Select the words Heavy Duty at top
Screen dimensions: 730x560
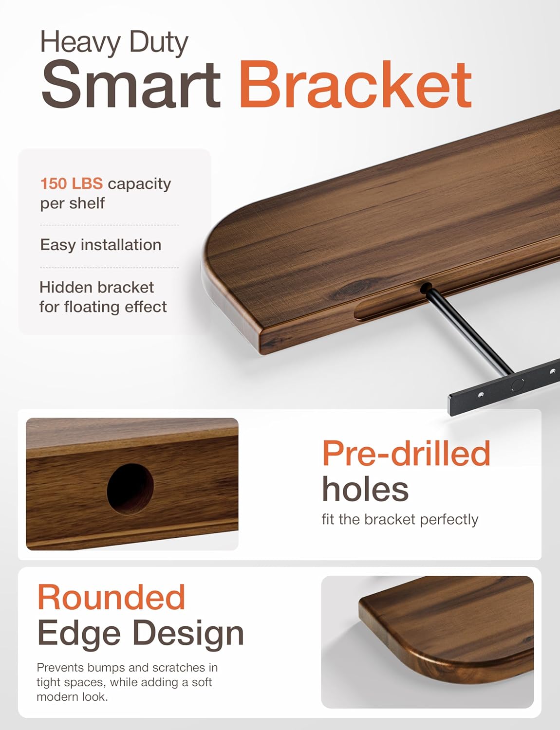click(x=114, y=43)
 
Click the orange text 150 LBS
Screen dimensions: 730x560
click(x=71, y=183)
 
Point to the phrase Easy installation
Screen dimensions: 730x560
click(x=100, y=244)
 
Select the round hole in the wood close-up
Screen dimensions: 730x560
click(x=130, y=489)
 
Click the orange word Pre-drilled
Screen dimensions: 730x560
click(x=406, y=453)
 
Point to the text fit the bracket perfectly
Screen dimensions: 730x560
click(x=400, y=519)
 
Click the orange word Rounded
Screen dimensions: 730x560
click(x=112, y=597)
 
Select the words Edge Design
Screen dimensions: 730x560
click(x=140, y=633)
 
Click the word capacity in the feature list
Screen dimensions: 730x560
click(x=139, y=183)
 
